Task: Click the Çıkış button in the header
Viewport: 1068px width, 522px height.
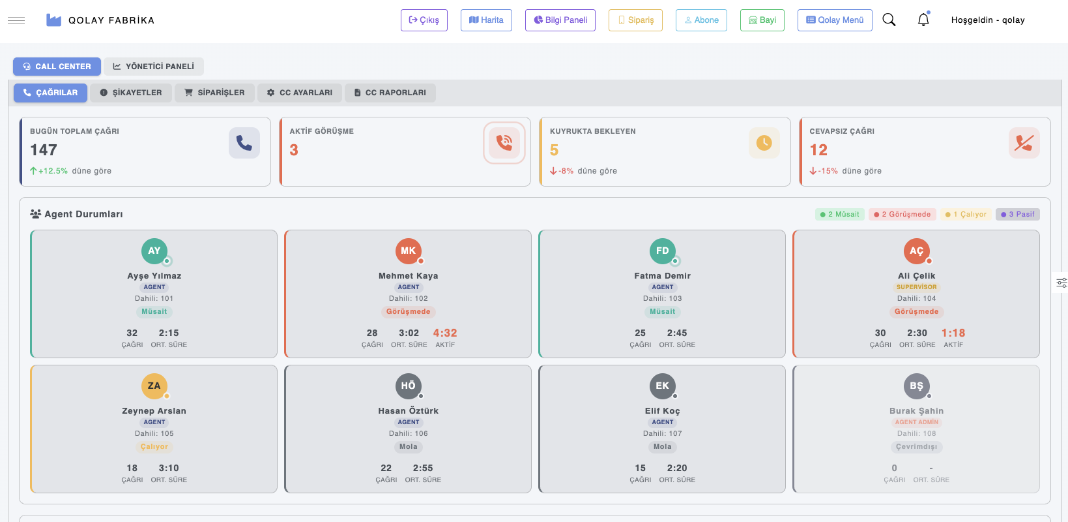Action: point(424,20)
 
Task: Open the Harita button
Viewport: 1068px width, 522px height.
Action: point(486,20)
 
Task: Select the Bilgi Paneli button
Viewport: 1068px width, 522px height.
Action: point(560,20)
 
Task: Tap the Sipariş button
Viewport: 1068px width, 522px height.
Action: point(635,20)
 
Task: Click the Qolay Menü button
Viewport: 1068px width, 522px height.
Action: point(834,20)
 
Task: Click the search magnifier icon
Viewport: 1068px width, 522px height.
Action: point(889,20)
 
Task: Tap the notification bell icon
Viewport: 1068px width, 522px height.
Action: point(923,20)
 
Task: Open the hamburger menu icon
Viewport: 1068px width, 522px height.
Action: point(16,20)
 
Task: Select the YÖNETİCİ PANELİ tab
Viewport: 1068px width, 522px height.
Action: point(153,67)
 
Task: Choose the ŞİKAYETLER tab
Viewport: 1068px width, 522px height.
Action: point(131,93)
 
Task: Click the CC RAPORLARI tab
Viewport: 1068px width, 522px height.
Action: point(390,93)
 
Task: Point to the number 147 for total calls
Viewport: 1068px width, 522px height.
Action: point(44,150)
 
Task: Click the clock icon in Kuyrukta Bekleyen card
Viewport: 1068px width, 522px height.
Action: point(764,143)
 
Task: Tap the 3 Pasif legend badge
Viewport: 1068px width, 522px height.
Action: point(1017,214)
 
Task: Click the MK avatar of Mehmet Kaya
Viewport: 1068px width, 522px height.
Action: point(408,251)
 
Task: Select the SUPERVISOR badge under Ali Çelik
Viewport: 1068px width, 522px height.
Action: point(916,287)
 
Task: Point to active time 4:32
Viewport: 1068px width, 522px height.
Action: point(445,333)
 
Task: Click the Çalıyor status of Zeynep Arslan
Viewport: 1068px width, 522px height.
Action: point(154,447)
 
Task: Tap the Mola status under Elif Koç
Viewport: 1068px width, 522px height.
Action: point(662,447)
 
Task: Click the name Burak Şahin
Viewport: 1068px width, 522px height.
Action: point(916,411)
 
